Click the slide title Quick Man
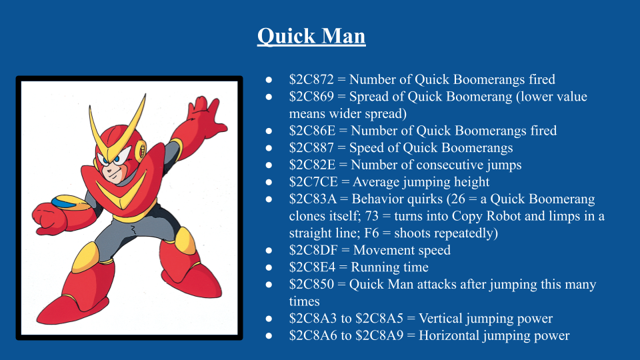[x=311, y=36]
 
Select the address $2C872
[x=311, y=79]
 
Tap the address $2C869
[x=311, y=96]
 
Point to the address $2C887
[x=311, y=148]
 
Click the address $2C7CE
[x=313, y=182]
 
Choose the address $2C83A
[x=313, y=199]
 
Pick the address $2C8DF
[x=313, y=250]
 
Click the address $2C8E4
[x=312, y=267]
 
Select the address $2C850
[x=311, y=285]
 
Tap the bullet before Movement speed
[x=269, y=251]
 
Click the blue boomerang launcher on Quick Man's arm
[x=65, y=201]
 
